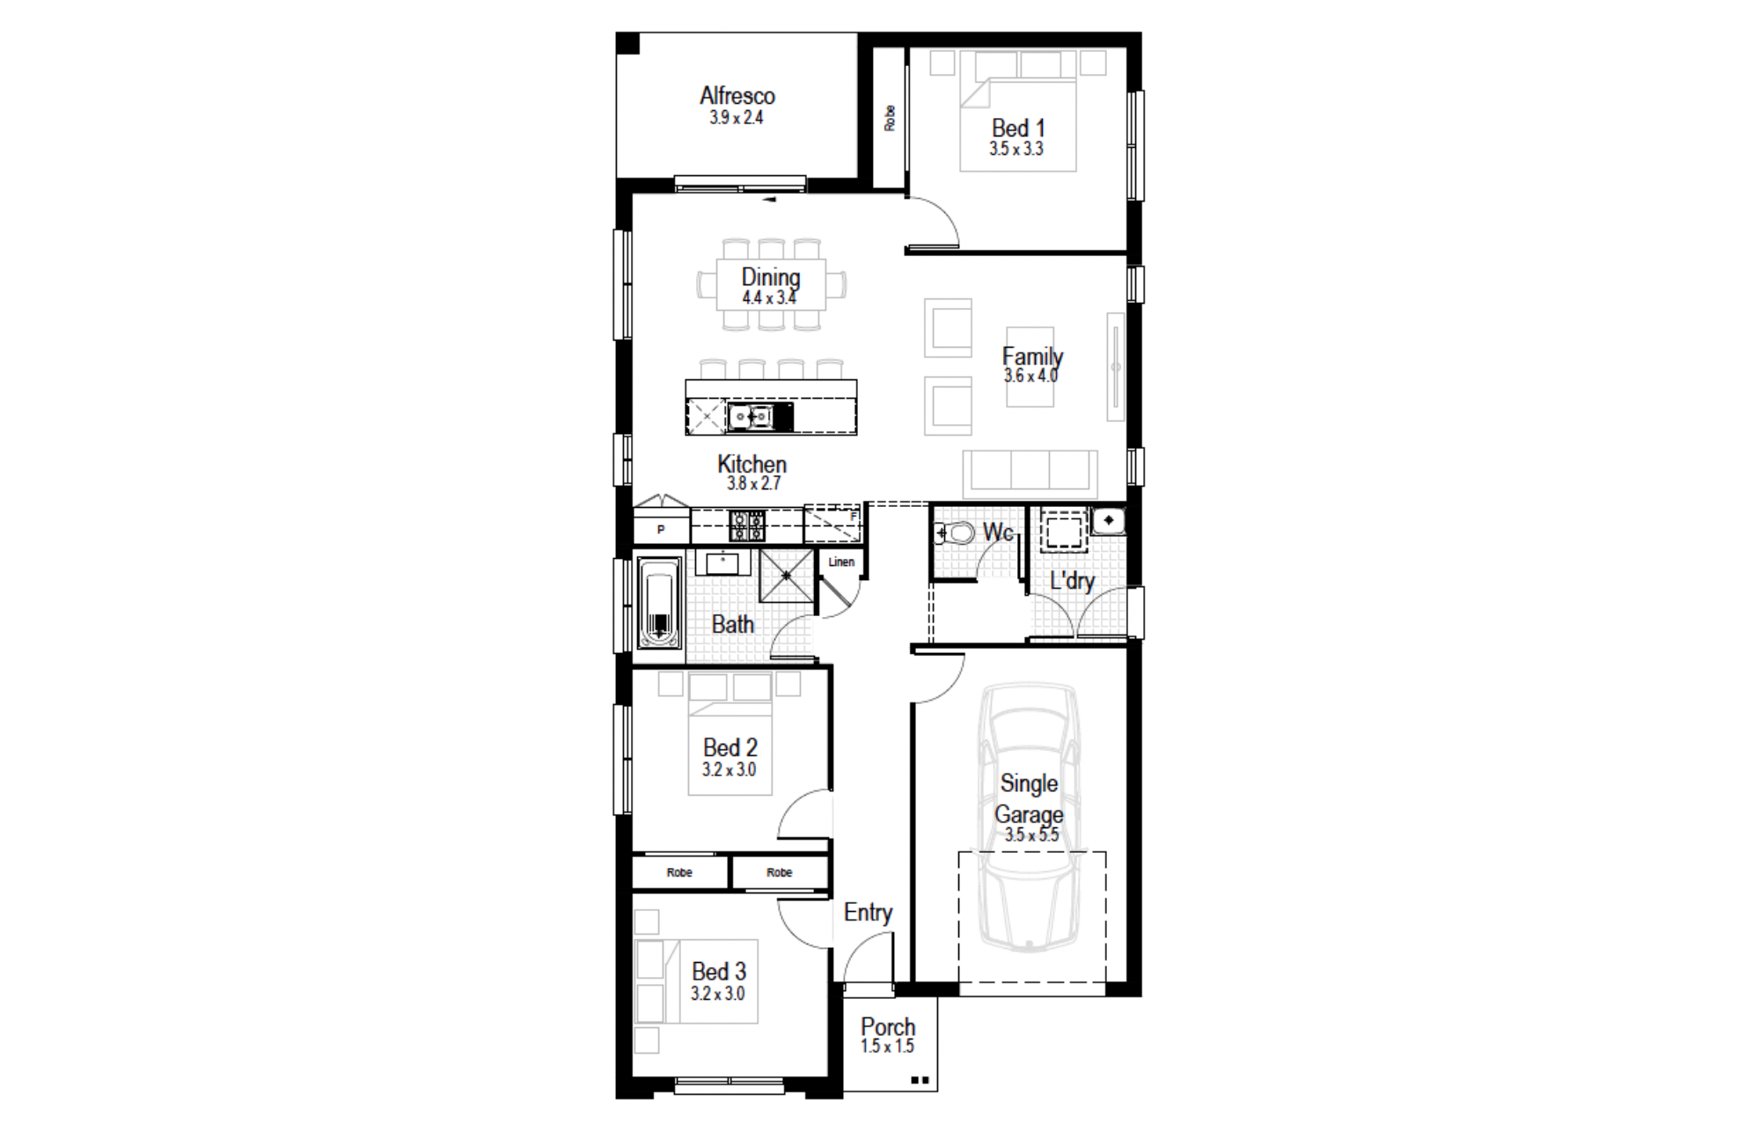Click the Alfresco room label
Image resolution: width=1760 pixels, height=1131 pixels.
click(x=737, y=95)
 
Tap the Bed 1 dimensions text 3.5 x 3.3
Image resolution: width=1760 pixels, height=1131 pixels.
click(x=1016, y=149)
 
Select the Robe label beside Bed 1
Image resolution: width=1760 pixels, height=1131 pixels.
click(x=890, y=118)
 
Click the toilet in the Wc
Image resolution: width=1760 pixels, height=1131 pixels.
click(x=955, y=532)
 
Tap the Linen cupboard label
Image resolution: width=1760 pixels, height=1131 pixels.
click(x=841, y=562)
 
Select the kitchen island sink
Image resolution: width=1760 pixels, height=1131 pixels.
click(x=751, y=415)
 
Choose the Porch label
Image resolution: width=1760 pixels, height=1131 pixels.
click(x=888, y=1026)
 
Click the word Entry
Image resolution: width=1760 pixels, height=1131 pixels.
click(x=868, y=913)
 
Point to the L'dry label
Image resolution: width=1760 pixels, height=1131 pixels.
click(x=1072, y=581)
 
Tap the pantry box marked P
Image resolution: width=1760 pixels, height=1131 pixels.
click(x=661, y=530)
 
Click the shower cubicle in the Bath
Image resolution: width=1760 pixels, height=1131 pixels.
click(x=787, y=576)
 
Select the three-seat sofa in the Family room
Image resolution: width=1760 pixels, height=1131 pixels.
click(x=1030, y=474)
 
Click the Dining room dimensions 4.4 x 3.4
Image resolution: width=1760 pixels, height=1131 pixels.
click(x=769, y=297)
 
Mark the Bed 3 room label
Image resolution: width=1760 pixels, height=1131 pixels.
click(x=719, y=972)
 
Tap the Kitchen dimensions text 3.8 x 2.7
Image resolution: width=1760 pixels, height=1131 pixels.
click(x=753, y=483)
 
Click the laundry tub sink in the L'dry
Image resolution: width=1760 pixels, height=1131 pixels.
click(x=1108, y=520)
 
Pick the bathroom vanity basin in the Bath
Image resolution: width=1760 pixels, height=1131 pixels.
click(x=723, y=562)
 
